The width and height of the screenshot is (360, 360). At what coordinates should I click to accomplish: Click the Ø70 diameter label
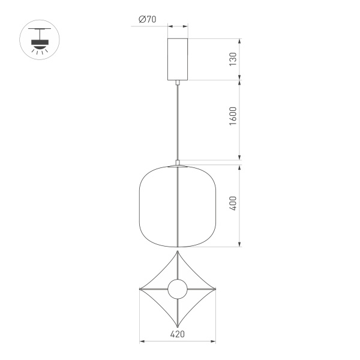point(147,19)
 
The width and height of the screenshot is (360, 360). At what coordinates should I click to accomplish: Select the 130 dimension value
point(233,59)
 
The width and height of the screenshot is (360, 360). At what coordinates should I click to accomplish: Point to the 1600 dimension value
point(233,120)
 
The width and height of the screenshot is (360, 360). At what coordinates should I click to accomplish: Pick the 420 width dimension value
point(178,334)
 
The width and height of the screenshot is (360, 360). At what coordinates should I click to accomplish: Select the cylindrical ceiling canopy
point(178,59)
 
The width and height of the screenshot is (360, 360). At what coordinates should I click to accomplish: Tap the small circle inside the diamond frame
point(178,290)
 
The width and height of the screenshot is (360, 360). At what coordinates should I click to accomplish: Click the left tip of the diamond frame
point(140,290)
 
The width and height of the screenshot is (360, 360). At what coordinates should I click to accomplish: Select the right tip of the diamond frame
point(215,290)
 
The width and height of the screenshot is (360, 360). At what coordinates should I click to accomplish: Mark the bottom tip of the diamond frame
point(178,328)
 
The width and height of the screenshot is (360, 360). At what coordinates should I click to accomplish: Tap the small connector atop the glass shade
point(178,162)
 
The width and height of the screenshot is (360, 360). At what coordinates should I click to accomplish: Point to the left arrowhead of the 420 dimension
point(142,342)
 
